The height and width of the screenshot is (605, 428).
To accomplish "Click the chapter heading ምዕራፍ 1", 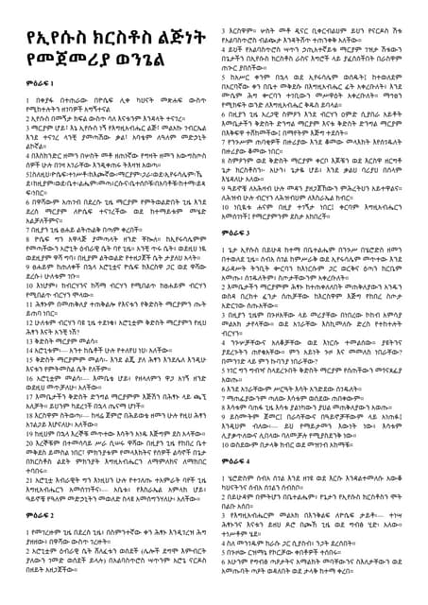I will click(29, 108).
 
